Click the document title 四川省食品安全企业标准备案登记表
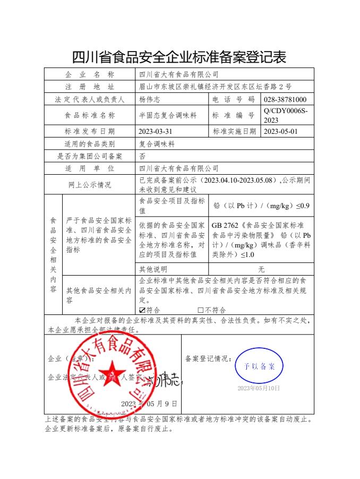(x=179, y=56)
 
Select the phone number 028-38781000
(x=285, y=99)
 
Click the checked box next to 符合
(x=142, y=310)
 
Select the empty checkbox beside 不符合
(x=201, y=310)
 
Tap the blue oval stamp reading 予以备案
(x=259, y=366)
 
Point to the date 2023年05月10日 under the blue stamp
(x=259, y=389)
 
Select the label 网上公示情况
(x=90, y=185)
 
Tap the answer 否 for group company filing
(x=142, y=156)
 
